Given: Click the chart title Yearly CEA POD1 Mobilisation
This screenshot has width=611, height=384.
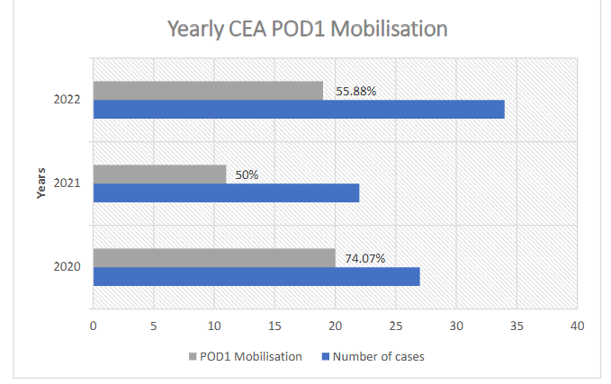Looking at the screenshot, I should click(307, 29).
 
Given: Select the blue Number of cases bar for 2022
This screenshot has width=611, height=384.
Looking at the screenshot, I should click(298, 110).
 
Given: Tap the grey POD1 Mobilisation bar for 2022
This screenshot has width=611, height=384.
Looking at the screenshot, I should click(208, 91).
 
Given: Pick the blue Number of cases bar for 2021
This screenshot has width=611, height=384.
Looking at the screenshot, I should click(226, 192).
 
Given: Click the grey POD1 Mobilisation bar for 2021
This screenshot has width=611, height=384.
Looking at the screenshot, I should click(159, 174).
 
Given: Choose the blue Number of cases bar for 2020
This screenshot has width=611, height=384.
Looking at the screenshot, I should click(256, 276).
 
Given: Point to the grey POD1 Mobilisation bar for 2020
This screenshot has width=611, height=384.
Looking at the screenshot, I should click(213, 258).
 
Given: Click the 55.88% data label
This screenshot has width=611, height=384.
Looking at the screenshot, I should click(355, 92).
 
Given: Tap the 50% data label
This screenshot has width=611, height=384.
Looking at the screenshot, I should click(247, 175).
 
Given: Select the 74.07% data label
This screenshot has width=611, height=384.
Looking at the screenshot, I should click(365, 259).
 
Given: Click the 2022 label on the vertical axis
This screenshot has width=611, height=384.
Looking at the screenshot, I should click(67, 100).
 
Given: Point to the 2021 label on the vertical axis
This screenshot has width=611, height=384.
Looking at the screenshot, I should click(67, 183).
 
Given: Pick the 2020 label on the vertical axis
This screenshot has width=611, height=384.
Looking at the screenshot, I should click(67, 267).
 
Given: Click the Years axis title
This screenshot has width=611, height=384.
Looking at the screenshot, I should click(40, 183).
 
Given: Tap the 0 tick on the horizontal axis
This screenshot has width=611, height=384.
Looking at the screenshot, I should click(93, 326).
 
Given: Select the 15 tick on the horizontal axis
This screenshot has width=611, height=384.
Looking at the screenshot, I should click(274, 326).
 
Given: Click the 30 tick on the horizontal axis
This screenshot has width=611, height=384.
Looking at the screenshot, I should click(456, 326).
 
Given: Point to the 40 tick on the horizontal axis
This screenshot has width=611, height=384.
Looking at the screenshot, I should click(577, 326).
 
